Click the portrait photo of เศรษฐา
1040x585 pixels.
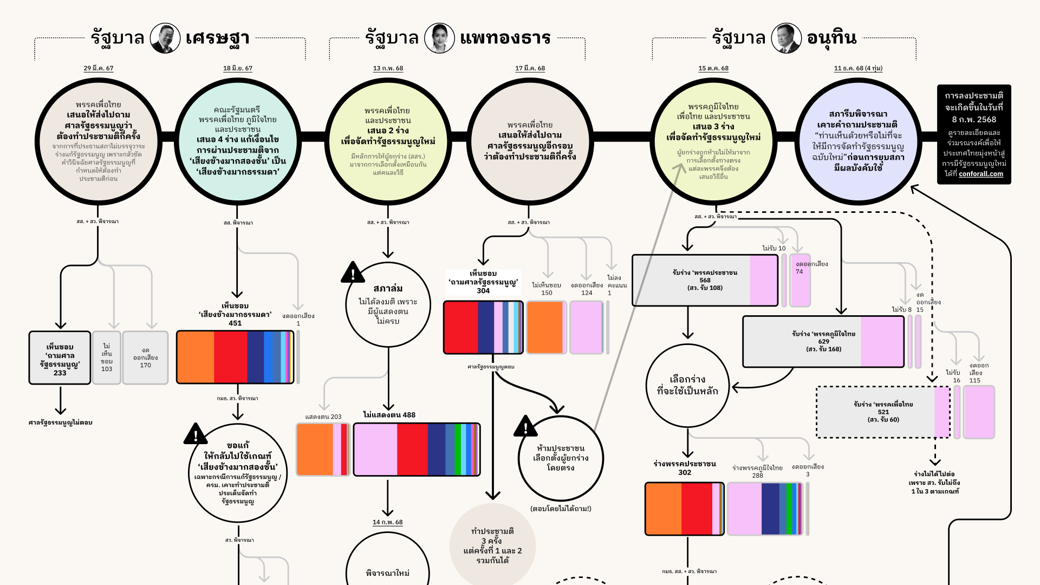165,38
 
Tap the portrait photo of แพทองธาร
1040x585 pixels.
439,38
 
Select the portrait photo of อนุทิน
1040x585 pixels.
786,38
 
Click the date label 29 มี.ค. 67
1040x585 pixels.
99,68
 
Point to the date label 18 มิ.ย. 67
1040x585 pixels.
238,68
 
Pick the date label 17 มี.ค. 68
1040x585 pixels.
530,68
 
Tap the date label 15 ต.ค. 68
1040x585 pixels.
713,68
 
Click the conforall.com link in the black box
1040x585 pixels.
980,174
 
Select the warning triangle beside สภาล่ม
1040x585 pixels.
353,273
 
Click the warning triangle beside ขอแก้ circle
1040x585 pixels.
196,434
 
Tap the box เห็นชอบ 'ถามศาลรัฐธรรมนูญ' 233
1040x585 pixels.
60,358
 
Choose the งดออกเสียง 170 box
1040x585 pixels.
145,358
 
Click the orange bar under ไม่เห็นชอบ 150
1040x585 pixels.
546,327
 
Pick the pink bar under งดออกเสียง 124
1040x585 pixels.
586,327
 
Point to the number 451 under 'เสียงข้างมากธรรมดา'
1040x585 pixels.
235,323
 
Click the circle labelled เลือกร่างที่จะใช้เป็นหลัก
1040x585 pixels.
687,386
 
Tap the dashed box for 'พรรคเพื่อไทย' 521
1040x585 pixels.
883,412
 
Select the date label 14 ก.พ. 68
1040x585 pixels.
387,522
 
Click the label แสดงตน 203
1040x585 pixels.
323,417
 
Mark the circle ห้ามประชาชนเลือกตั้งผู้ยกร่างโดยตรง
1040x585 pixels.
561,458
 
